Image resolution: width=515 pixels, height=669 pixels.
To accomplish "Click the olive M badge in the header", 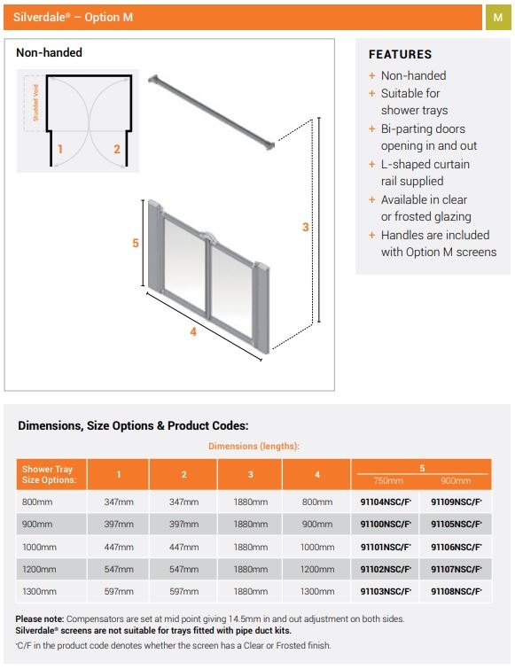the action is pyautogui.click(x=498, y=18).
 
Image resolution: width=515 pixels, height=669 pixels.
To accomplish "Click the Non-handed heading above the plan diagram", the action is pyautogui.click(x=49, y=52).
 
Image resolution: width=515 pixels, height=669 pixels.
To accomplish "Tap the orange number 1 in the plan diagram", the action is pyautogui.click(x=60, y=149).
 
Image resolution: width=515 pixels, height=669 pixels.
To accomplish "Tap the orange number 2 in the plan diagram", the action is pyautogui.click(x=117, y=149).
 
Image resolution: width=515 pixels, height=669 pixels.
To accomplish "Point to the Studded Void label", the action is pyautogui.click(x=35, y=103).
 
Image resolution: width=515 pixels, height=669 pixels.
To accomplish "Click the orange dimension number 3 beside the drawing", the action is pyautogui.click(x=306, y=227).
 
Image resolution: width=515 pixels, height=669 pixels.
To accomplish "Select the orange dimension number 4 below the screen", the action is pyautogui.click(x=193, y=331).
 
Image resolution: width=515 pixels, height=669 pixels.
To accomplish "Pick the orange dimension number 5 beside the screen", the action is pyautogui.click(x=136, y=243).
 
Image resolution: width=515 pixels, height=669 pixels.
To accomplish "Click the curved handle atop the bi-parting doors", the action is pyautogui.click(x=208, y=236).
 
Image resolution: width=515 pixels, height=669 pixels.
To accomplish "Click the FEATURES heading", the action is pyautogui.click(x=401, y=55).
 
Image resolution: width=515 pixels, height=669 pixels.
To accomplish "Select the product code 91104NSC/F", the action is pyautogui.click(x=386, y=502).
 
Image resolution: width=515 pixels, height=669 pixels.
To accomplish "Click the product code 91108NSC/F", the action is pyautogui.click(x=456, y=591).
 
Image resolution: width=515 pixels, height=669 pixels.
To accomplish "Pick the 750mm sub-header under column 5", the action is pyautogui.click(x=388, y=481).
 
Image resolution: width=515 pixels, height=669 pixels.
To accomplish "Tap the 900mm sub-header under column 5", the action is pyautogui.click(x=456, y=481).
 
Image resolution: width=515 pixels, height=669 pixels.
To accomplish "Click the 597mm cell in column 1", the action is pyautogui.click(x=119, y=591).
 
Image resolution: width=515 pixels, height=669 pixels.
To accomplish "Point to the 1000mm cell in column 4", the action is pyautogui.click(x=317, y=547).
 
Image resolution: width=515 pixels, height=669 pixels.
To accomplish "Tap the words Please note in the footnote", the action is pyautogui.click(x=40, y=618).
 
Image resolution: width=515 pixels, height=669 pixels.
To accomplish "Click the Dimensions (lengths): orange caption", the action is pyautogui.click(x=254, y=447).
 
